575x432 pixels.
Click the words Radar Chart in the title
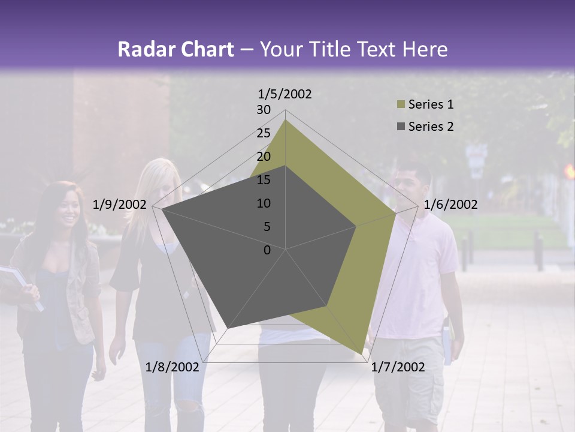175,49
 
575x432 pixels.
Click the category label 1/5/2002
285,94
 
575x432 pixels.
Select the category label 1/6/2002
450,205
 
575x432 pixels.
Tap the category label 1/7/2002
398,367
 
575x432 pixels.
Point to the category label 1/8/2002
172,367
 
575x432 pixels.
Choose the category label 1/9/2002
120,205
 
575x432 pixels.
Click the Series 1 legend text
431,104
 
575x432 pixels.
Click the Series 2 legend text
431,127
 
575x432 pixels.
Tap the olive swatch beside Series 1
400,104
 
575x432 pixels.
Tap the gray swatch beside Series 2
400,127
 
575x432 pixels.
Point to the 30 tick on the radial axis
264,110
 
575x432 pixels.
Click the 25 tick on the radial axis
264,133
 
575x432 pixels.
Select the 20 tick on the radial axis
264,157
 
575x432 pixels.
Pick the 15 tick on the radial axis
264,180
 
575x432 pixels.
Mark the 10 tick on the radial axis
264,203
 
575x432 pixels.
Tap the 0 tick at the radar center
267,250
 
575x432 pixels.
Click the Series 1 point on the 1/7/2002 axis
361,353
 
